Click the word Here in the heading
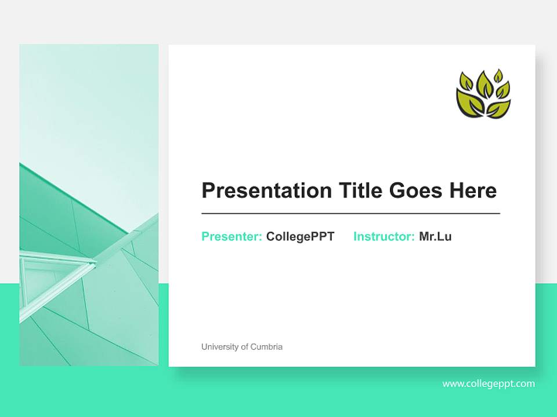(x=472, y=191)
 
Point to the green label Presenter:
(x=232, y=236)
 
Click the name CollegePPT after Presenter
(x=300, y=236)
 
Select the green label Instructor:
(x=384, y=236)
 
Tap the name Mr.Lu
(x=435, y=236)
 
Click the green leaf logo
(x=483, y=94)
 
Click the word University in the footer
(x=219, y=347)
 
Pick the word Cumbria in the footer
(x=267, y=347)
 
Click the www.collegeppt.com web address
(x=488, y=383)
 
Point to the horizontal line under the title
(x=350, y=214)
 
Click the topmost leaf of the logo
(x=498, y=75)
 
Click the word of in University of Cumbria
(x=245, y=347)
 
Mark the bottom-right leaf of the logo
(x=500, y=108)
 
